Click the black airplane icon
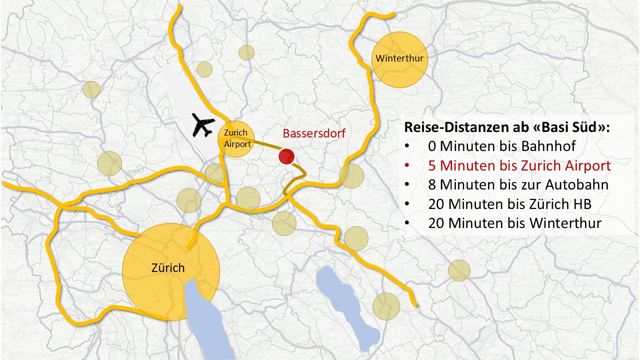click(203, 125)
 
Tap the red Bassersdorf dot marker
click(286, 157)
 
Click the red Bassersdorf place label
click(314, 133)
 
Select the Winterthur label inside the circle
click(399, 58)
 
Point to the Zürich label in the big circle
click(168, 268)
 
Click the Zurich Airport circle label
click(236, 138)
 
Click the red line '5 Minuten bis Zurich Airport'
click(519, 165)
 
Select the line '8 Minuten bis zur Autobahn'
click(518, 184)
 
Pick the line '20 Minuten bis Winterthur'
click(514, 222)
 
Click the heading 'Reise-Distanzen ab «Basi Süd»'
click(507, 127)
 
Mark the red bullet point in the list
click(407, 166)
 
